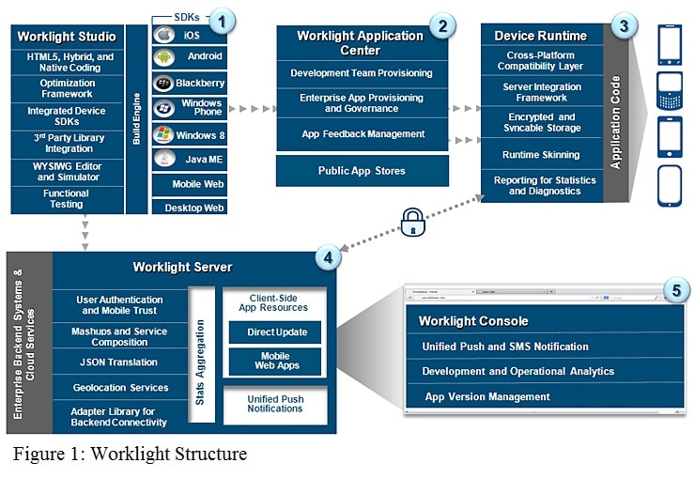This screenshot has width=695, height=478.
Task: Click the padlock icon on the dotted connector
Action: click(413, 223)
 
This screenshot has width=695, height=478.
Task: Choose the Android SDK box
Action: click(190, 56)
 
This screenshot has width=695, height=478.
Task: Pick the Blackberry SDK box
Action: click(190, 82)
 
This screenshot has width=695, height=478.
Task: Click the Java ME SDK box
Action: click(190, 160)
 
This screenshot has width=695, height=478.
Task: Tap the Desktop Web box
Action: click(190, 208)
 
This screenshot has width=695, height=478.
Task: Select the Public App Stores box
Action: click(362, 172)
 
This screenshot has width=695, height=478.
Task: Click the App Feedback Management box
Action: click(362, 134)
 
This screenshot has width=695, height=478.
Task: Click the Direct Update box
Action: click(274, 332)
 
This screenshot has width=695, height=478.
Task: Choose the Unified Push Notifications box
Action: click(275, 404)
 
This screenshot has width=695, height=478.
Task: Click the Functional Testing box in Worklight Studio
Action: click(67, 199)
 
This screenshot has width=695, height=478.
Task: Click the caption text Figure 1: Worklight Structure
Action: click(131, 455)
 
